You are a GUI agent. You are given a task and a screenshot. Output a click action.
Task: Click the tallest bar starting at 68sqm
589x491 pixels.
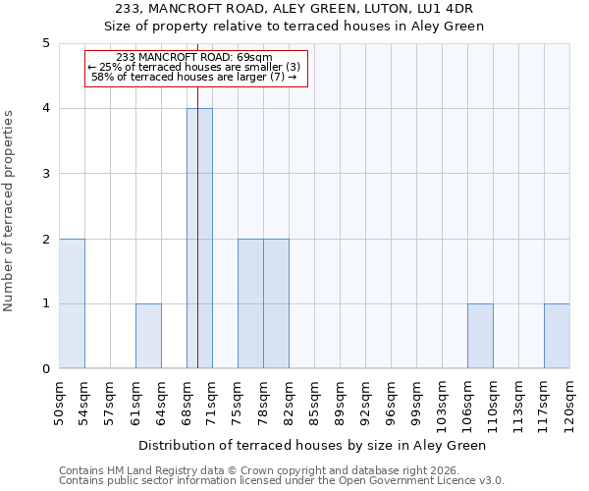point(199,239)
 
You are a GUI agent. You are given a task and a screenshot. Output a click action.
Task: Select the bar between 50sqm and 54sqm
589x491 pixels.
point(72,303)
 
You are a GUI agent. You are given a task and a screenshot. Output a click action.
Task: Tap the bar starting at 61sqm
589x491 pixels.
point(148,336)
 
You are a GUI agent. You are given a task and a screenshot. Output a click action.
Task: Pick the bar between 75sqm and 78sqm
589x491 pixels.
point(250,303)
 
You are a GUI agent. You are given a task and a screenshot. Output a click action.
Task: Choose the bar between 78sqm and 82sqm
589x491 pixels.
point(276,303)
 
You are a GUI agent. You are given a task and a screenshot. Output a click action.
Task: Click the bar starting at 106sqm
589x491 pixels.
point(480,336)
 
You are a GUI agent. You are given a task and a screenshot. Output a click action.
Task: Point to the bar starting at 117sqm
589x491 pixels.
point(557,336)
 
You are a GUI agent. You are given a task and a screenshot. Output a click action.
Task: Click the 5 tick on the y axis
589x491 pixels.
point(46,43)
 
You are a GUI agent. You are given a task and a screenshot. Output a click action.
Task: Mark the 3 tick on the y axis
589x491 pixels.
point(46,174)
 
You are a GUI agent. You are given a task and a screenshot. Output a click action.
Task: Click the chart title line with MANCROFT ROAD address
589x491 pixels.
point(294,9)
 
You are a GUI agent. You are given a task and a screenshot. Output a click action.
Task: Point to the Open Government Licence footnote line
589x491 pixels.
point(282,480)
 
